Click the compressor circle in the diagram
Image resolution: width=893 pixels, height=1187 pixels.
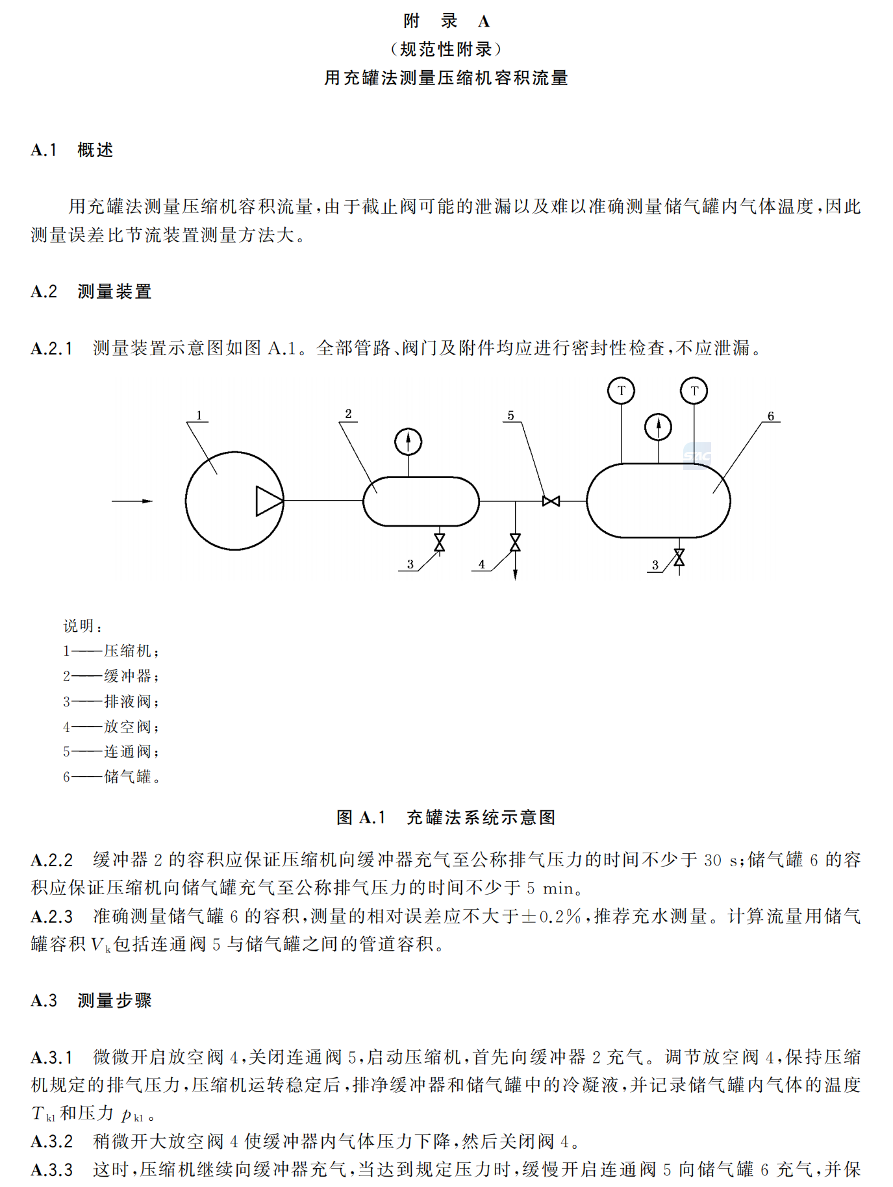tap(221, 501)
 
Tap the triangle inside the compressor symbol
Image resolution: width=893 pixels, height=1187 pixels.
tap(268, 501)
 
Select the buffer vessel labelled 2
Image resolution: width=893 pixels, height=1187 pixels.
tap(421, 501)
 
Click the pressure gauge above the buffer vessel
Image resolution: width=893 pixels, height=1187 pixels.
tap(408, 442)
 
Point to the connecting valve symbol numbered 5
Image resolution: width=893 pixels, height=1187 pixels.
tap(551, 501)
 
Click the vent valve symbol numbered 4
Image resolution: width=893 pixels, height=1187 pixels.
tap(515, 542)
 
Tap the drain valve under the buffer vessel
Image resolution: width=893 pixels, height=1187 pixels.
tap(439, 542)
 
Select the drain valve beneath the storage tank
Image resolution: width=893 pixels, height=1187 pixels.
tap(679, 557)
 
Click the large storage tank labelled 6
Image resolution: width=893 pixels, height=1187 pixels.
tap(658, 501)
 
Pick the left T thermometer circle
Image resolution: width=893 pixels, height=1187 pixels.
tap(621, 391)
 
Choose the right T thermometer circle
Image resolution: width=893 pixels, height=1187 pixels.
tap(694, 391)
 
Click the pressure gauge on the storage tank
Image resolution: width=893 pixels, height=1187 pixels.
tap(658, 427)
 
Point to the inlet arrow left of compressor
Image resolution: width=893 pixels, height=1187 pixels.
tap(132, 501)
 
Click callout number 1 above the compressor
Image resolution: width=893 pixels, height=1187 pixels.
tap(199, 415)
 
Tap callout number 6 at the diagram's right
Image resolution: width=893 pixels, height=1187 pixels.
tap(770, 416)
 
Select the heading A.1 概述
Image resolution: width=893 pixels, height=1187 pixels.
tap(72, 150)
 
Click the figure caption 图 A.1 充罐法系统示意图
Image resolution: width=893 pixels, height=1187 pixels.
tap(446, 817)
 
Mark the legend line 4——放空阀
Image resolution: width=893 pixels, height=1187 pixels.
tap(110, 727)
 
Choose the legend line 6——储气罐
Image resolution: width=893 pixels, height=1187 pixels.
tap(111, 777)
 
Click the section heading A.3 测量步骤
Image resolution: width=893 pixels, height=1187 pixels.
tap(91, 1000)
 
